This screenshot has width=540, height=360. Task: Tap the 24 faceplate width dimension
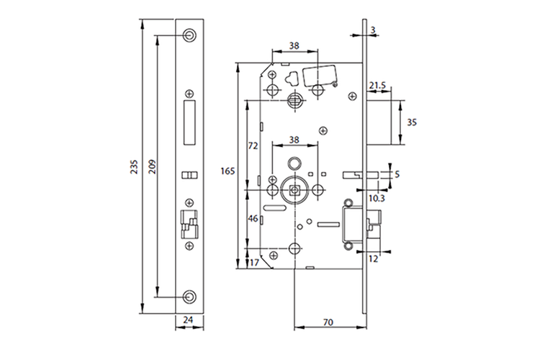189,320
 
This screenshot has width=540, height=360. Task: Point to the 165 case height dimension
228,171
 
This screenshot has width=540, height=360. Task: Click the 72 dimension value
253,145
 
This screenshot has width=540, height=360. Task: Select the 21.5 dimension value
377,86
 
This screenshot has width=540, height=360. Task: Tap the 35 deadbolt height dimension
412,122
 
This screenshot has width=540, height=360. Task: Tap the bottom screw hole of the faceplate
189,296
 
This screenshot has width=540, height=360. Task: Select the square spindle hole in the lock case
294,190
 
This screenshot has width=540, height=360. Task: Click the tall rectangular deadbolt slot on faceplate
190,121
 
